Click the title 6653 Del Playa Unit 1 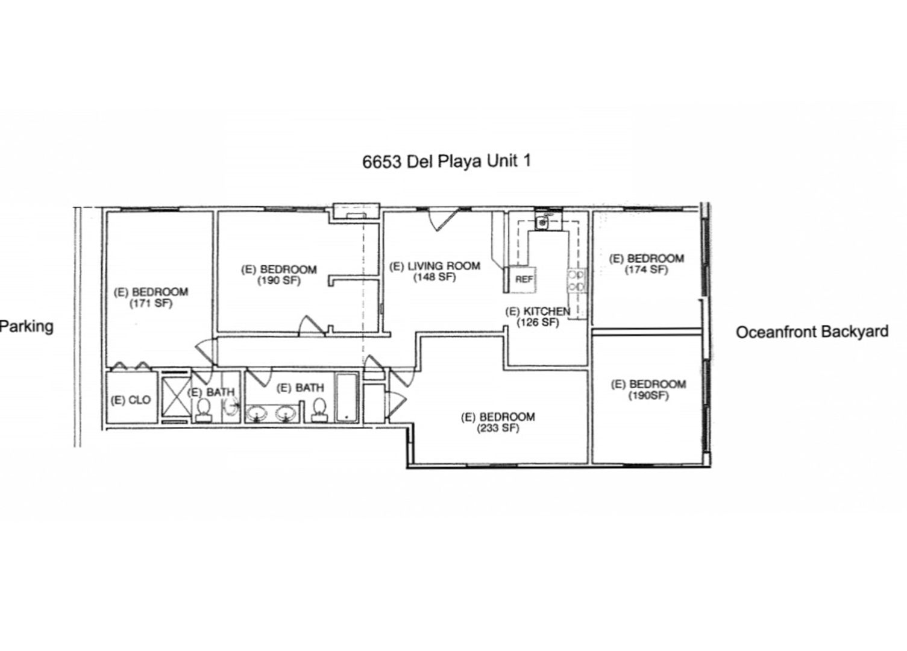(446, 161)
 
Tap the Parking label (27, 327)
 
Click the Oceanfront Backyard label (812, 332)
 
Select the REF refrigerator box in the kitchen (523, 279)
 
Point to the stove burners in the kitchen (577, 281)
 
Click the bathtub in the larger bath (347, 397)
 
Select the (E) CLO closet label (130, 400)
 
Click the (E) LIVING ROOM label (435, 266)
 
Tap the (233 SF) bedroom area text (498, 428)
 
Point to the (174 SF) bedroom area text (646, 269)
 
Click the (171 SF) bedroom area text (151, 303)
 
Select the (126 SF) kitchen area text (538, 322)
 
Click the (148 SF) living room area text (435, 277)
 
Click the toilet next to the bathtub (319, 409)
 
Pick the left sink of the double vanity (257, 414)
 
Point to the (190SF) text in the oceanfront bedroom (648, 395)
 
